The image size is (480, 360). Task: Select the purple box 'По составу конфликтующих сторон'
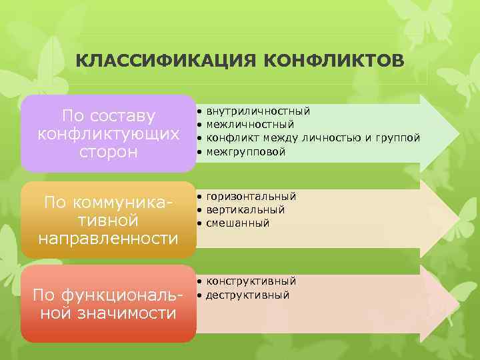(x=108, y=133)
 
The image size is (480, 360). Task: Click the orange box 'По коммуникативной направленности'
(x=108, y=219)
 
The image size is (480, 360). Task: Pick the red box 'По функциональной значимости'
(x=108, y=303)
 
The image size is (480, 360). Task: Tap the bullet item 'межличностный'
(x=250, y=124)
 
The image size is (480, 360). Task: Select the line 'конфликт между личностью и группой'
(x=313, y=138)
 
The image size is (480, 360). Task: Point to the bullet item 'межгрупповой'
(x=245, y=152)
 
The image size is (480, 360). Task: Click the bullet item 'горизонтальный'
(x=251, y=197)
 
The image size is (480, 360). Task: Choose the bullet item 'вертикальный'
(x=245, y=210)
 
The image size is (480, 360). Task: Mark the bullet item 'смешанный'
(x=238, y=223)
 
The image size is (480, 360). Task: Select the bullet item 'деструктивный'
(x=248, y=295)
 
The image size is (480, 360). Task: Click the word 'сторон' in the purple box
(x=109, y=152)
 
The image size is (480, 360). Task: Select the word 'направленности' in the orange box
(x=109, y=237)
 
